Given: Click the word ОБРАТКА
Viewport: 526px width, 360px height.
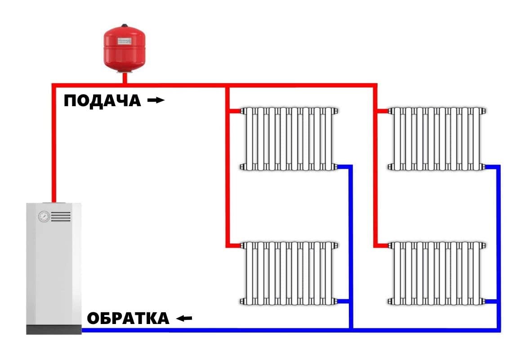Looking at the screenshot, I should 128,319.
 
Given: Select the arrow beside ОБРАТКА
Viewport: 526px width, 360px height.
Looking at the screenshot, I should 184,319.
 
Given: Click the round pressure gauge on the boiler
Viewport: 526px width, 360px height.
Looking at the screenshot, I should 44,216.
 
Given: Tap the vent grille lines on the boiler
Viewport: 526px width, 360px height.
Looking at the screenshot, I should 61,216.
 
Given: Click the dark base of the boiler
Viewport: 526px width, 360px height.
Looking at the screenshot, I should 53,329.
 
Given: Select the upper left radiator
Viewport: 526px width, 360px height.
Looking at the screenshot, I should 289,139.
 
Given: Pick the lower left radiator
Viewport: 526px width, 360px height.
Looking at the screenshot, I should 289,273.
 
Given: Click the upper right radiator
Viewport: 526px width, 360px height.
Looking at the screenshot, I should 437,139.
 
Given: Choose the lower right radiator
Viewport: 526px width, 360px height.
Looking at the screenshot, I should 437,273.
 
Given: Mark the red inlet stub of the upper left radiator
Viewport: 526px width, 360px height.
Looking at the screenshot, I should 234,111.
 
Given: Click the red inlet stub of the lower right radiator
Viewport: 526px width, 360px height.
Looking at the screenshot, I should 383,246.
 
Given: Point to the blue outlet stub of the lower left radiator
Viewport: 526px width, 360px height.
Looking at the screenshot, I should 343,301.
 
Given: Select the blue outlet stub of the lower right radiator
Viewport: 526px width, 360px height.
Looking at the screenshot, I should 491,301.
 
